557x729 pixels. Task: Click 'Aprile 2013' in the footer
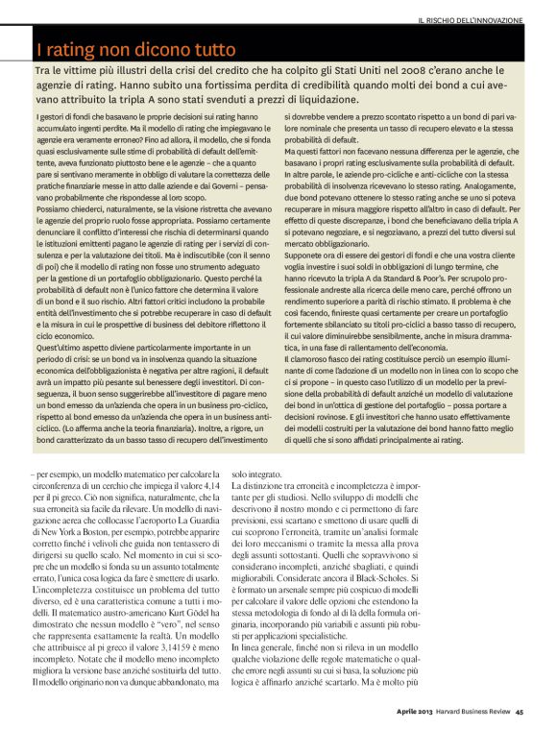[420, 711]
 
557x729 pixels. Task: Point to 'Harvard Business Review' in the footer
[476, 711]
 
